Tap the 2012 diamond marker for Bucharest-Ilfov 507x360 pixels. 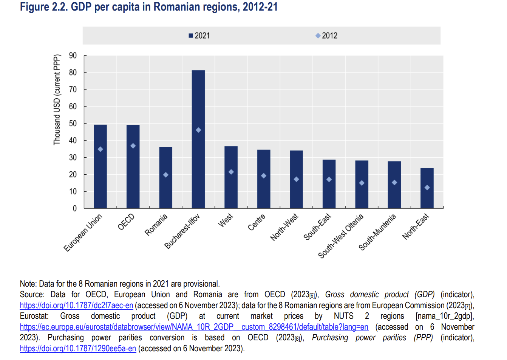pos(198,130)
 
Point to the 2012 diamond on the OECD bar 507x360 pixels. pos(133,146)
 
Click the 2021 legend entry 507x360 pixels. pos(199,36)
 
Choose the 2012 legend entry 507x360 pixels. pos(327,36)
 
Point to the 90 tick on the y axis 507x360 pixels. pos(73,56)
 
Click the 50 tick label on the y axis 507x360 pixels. pos(73,124)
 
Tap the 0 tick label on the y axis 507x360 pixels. pos(75,208)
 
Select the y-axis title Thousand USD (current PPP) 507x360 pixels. pos(57,100)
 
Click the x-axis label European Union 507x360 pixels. pos(83,233)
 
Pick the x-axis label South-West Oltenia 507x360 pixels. pos(341,236)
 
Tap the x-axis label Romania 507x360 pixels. pos(156,225)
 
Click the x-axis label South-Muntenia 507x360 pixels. pos(377,232)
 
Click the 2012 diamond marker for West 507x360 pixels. pos(231,172)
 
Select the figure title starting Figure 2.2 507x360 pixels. pos(149,7)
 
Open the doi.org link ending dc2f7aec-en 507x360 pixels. pos(76,306)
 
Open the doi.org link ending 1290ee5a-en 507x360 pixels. pos(78,349)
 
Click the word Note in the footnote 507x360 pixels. pos(28,284)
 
